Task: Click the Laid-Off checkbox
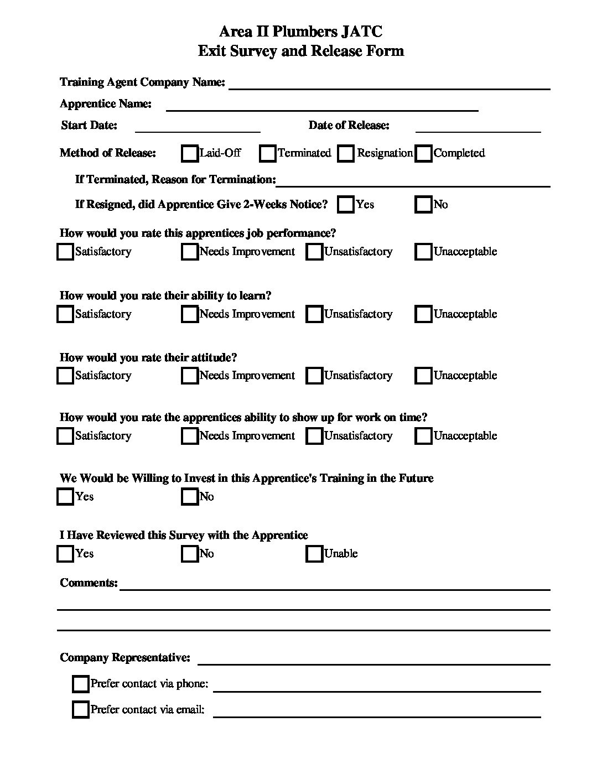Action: (190, 153)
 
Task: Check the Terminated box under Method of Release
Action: (268, 153)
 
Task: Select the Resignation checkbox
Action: (346, 153)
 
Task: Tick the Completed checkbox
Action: (424, 153)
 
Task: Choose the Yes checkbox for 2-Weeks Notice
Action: (346, 205)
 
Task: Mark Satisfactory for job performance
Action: (65, 252)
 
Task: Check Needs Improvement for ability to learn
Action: (190, 314)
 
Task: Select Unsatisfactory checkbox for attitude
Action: (314, 376)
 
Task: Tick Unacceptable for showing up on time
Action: (424, 436)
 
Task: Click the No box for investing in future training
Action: (190, 497)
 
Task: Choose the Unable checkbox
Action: (314, 554)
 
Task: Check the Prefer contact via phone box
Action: (81, 684)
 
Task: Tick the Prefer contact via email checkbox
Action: (81, 709)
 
